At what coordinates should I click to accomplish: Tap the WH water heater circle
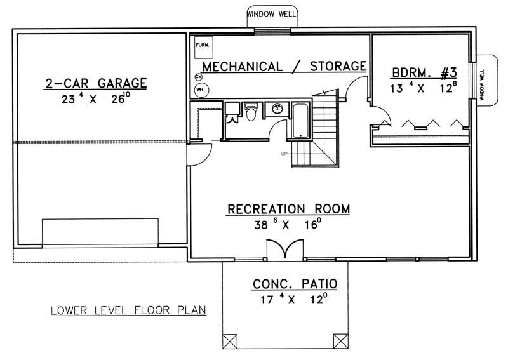click(x=199, y=90)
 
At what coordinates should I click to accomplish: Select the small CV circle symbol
click(x=199, y=77)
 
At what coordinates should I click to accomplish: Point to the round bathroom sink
click(x=277, y=109)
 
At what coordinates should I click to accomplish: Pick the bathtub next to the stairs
click(x=299, y=119)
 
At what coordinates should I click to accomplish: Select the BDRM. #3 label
click(x=420, y=72)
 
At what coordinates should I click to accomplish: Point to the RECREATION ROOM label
click(x=288, y=209)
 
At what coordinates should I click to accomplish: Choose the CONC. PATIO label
click(x=295, y=283)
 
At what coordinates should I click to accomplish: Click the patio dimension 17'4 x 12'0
click(x=295, y=299)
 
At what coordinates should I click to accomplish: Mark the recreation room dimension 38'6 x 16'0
click(x=288, y=224)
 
